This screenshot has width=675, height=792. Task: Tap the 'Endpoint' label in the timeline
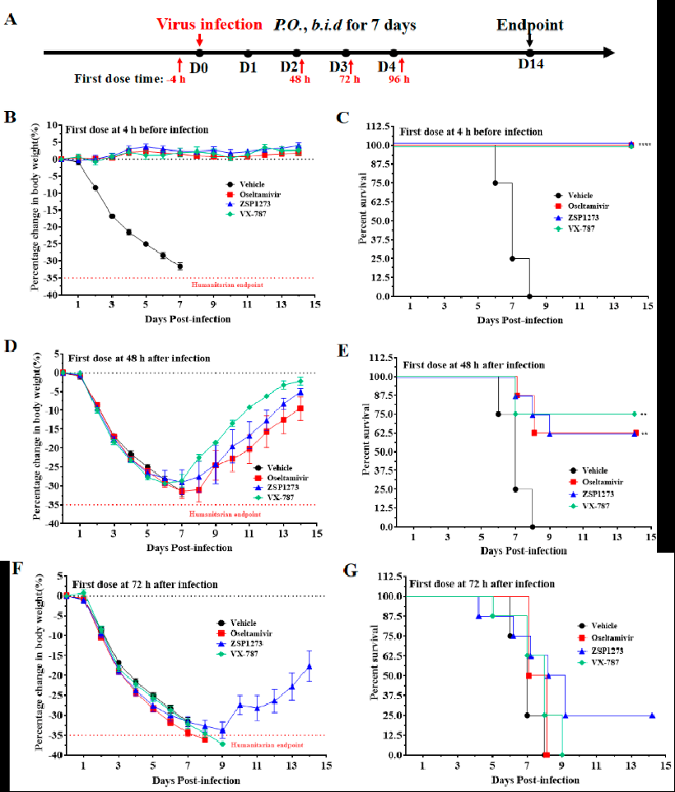[x=530, y=25]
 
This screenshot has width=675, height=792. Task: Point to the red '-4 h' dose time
[x=176, y=79]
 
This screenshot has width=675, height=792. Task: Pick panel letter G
[x=350, y=568]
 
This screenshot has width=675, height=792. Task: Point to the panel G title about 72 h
[x=482, y=583]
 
